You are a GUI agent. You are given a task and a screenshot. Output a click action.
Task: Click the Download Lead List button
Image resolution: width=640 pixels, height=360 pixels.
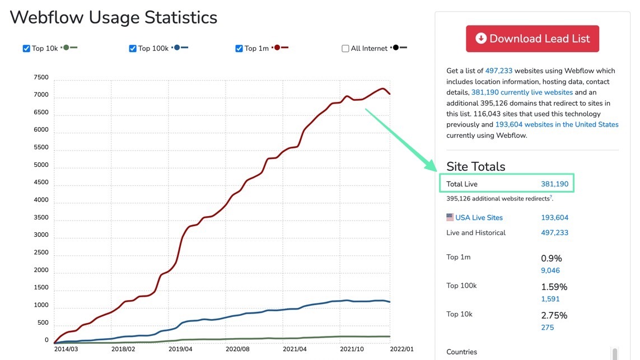coord(532,39)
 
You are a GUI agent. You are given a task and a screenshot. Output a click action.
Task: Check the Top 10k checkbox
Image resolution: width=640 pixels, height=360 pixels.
coord(26,49)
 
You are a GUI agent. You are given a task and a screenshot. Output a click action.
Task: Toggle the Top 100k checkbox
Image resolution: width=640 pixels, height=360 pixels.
coord(133,49)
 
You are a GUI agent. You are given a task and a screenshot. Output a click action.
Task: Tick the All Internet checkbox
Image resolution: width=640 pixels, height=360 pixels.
coord(345,49)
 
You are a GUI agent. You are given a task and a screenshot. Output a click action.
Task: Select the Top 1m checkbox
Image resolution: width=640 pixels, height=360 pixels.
coord(239,49)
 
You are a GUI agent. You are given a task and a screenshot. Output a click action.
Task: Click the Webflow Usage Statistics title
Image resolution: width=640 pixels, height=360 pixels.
coord(114,17)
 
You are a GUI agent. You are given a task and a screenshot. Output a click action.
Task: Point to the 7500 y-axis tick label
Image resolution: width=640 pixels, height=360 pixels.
coord(41,77)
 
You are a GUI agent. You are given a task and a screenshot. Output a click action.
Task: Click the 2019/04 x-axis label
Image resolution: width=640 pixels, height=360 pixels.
coord(180,349)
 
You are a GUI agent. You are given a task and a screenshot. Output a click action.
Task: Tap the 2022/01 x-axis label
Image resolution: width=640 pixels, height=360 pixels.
coord(401,349)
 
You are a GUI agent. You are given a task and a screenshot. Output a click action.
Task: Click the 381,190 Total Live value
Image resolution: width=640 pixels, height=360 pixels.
coord(554,184)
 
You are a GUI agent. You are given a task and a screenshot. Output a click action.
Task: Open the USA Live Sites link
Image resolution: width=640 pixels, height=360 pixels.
coord(479,218)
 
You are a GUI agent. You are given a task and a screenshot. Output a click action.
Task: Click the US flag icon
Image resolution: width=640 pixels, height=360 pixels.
coord(450,217)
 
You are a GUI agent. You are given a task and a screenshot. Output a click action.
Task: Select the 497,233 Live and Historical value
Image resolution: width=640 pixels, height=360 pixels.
coord(554,233)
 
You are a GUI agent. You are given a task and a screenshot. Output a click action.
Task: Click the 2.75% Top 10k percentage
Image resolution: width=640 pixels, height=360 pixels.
coord(554,315)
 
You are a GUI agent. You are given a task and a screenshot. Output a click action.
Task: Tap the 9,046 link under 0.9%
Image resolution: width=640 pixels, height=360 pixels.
coord(550,270)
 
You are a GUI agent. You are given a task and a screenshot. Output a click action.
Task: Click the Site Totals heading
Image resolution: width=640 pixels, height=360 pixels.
coord(475,166)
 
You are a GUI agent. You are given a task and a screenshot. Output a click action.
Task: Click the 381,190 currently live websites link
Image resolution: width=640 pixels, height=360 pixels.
coord(522,92)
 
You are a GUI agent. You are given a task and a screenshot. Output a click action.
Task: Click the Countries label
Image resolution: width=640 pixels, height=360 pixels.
coord(461,352)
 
